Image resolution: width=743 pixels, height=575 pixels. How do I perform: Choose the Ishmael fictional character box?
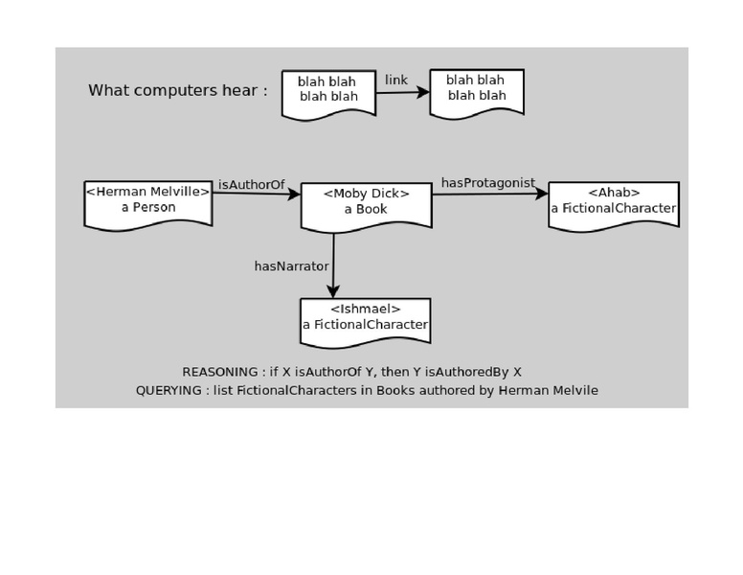[x=365, y=322]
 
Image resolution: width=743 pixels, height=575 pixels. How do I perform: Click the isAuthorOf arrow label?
[x=252, y=184]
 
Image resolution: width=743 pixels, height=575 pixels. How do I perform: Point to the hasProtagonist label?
[x=487, y=183]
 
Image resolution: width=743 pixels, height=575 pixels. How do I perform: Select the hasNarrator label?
[x=291, y=266]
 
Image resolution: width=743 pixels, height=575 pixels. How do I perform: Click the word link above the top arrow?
[x=396, y=80]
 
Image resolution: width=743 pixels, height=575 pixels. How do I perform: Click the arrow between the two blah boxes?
[x=402, y=93]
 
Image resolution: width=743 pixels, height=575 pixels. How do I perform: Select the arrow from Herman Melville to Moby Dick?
[x=256, y=194]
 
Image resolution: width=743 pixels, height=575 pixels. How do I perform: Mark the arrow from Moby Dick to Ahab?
[x=489, y=195]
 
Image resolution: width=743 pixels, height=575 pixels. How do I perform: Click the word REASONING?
[x=219, y=372]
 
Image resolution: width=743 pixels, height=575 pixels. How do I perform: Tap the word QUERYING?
[x=169, y=390]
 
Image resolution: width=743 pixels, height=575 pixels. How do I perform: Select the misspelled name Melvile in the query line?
[x=572, y=390]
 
